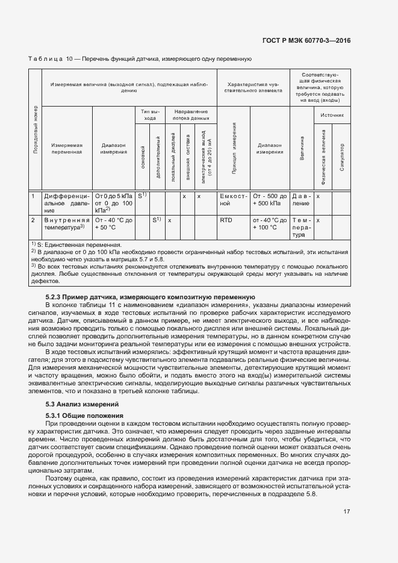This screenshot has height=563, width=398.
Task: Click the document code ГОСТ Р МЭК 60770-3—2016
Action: coord(315,40)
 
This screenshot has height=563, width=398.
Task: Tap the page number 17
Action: coord(346,512)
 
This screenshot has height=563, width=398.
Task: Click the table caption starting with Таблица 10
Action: coord(140,59)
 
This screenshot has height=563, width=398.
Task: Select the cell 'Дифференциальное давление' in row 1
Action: coord(66,204)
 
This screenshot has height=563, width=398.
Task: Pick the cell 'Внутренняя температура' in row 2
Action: coord(66,224)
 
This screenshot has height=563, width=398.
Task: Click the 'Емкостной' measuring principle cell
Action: coord(234,200)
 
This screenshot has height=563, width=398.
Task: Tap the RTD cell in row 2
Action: coord(226,220)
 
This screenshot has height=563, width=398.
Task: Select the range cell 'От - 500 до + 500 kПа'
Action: coord(270,200)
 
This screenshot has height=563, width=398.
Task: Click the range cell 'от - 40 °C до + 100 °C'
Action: coord(270,224)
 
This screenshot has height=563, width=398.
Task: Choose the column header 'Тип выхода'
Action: coord(149,115)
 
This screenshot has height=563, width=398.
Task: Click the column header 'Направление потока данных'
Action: coord(190,115)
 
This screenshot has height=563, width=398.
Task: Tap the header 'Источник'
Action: coord(332,114)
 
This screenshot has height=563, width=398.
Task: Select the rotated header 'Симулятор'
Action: coord(342,157)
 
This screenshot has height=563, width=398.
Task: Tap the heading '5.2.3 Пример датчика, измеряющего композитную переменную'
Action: coord(151,297)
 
